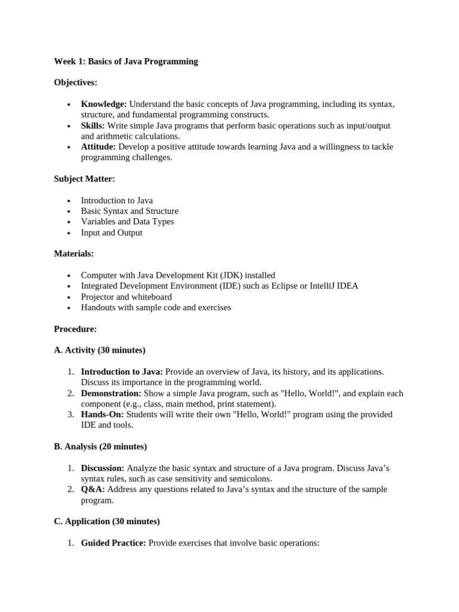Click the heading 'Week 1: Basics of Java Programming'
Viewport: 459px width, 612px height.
pos(126,61)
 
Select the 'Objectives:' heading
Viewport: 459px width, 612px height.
pos(75,82)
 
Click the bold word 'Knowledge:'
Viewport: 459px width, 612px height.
pos(103,104)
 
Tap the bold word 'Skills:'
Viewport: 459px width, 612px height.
pos(93,126)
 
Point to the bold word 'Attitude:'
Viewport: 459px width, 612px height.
pos(98,147)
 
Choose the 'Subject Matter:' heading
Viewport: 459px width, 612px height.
pos(84,179)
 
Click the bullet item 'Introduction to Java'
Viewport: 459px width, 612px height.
pos(117,200)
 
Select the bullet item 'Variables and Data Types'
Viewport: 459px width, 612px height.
pos(127,222)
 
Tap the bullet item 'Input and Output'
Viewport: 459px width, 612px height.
pos(112,232)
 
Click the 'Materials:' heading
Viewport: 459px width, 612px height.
pos(74,254)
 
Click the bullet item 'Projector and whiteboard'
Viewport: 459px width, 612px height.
pos(126,297)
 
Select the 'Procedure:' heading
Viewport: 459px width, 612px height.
pos(75,329)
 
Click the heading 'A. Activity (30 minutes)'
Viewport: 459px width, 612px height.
pos(100,350)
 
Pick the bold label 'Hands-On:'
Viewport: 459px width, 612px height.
pos(102,414)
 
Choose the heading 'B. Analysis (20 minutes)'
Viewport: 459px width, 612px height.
pos(100,446)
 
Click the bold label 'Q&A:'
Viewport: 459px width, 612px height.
pos(93,489)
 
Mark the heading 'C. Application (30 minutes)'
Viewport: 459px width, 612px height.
pos(107,521)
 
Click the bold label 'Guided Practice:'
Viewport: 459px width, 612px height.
pos(113,543)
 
